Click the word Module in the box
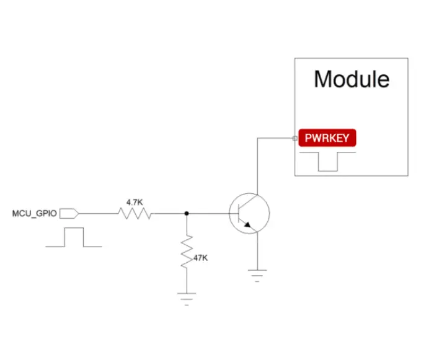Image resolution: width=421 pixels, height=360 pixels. click(352, 79)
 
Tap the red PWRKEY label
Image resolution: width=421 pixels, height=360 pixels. click(327, 138)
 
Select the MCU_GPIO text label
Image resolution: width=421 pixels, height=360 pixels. click(35, 213)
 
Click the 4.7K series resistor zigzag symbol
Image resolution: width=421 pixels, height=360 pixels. click(135, 213)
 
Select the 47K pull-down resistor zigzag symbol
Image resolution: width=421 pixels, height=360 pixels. click(187, 251)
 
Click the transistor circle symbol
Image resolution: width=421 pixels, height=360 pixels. click(249, 213)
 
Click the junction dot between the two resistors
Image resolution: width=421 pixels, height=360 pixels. click(187, 213)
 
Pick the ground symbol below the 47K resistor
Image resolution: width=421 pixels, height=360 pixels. click(187, 297)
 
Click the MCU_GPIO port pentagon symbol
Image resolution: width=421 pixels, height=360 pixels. click(69, 213)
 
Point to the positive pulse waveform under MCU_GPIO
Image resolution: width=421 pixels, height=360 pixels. click(74, 238)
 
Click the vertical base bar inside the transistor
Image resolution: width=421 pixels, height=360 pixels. click(241, 213)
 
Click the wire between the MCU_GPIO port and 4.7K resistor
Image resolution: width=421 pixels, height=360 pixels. click(98, 213)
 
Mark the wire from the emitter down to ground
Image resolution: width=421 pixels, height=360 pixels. click(257, 251)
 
